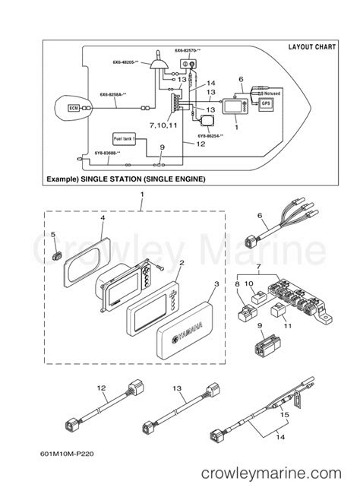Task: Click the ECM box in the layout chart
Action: point(74,109)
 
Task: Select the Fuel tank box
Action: point(123,140)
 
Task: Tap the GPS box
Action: point(266,103)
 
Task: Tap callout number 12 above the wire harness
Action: point(101,388)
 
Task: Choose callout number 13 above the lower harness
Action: point(176,388)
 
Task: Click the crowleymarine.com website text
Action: point(278,473)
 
